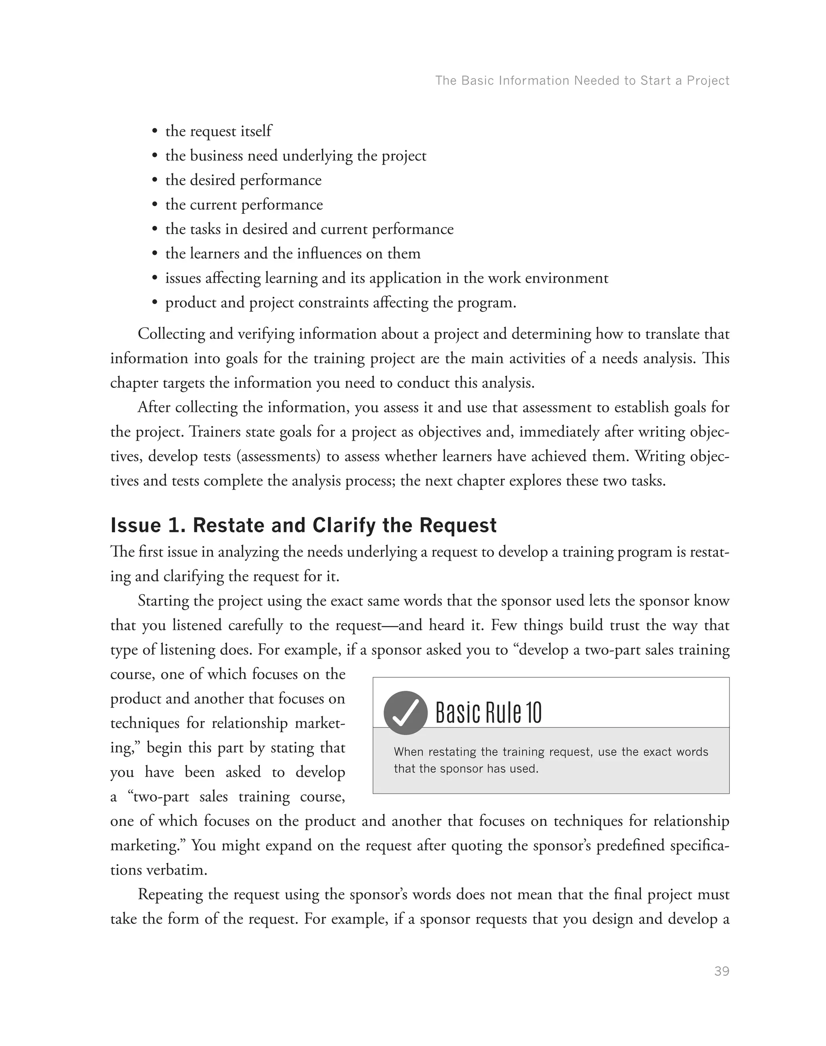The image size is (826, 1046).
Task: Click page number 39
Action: pos(721,971)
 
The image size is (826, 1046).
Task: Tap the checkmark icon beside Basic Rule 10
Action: pos(405,713)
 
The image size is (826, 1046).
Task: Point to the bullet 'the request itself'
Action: pos(218,131)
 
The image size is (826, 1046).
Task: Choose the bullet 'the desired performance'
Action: pos(243,180)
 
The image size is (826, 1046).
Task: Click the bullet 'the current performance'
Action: pos(244,204)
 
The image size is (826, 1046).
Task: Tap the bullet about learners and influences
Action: pos(292,253)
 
